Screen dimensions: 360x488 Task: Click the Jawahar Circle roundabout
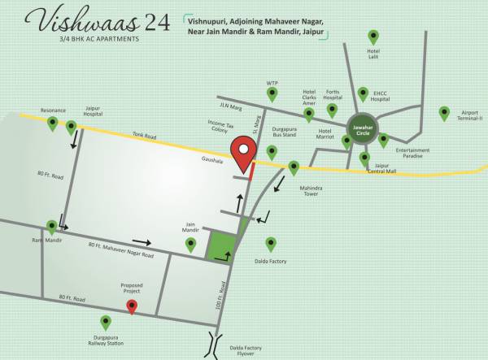coord(361,129)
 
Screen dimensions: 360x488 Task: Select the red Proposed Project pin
coord(132,306)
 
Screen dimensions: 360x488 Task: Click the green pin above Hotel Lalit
coord(373,37)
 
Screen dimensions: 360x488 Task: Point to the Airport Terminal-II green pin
coord(444,113)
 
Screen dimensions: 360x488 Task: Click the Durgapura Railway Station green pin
coord(105,323)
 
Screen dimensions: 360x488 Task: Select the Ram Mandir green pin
coord(52,228)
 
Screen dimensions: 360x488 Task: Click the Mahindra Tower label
coord(312,192)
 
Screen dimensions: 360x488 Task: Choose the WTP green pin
coord(272,95)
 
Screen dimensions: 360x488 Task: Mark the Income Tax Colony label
coord(221,126)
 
